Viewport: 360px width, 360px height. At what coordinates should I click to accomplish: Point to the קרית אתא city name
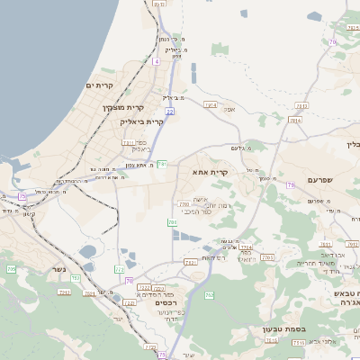(x=211, y=170)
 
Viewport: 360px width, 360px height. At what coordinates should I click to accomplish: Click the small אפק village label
(x=229, y=109)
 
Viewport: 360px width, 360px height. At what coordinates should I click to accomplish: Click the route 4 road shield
(x=156, y=61)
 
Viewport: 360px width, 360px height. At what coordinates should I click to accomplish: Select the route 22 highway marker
(x=169, y=111)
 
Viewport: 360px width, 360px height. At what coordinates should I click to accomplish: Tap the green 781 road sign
(x=161, y=163)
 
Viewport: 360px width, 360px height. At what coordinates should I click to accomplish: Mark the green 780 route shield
(x=172, y=221)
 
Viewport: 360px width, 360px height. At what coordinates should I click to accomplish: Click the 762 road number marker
(x=209, y=294)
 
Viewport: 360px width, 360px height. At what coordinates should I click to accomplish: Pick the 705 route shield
(x=11, y=268)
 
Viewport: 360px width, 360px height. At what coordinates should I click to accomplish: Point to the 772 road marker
(x=120, y=269)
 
